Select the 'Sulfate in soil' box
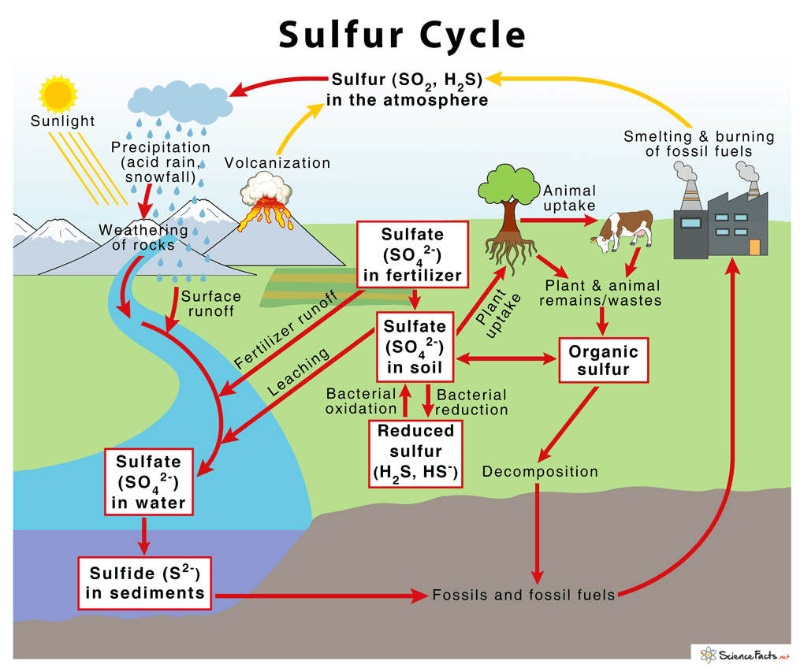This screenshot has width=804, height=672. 415,347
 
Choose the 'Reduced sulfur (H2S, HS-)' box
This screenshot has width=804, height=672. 415,453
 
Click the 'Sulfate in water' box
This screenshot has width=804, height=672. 148,482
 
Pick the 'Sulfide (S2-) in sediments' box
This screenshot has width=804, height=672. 145,582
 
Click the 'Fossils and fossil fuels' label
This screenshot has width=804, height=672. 523,596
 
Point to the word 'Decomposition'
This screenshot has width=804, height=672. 540,472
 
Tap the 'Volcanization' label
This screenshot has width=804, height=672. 277,163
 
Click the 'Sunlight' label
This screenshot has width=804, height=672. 62,121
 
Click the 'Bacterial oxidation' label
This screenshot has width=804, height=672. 361,401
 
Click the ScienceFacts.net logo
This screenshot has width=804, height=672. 741,653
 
